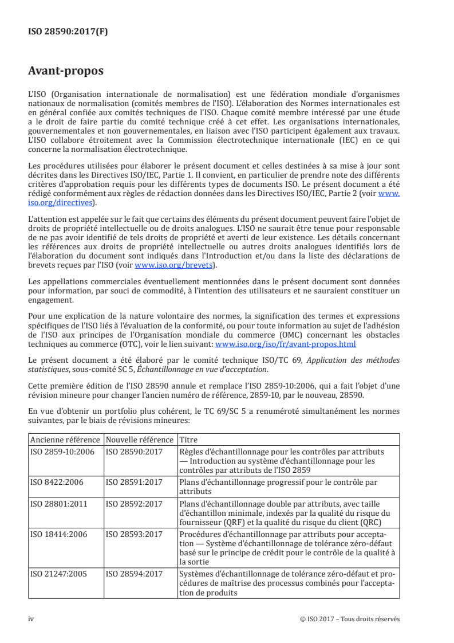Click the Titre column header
point(188,439)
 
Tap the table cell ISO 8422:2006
point(56,482)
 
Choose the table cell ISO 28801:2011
point(58,504)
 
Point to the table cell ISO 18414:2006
point(58,534)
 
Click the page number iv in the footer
point(31,618)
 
